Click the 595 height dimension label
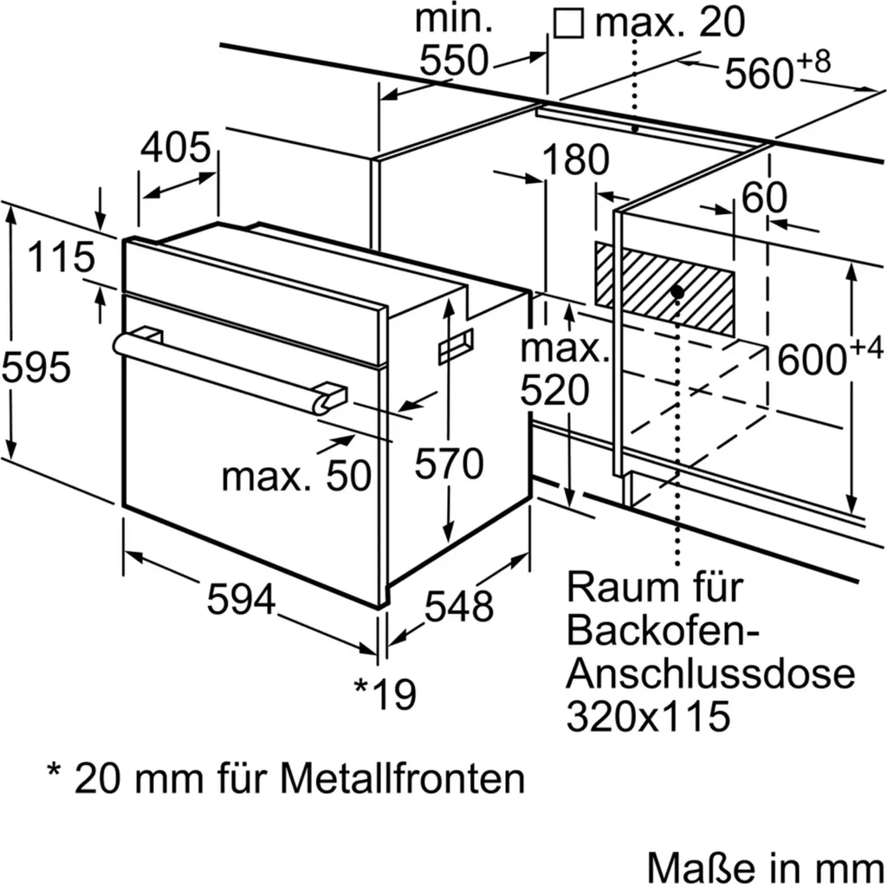(x=36, y=369)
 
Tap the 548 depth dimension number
(x=458, y=606)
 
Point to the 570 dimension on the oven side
(x=448, y=465)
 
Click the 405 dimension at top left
(x=176, y=148)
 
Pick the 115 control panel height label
(x=60, y=257)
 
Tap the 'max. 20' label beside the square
(x=670, y=23)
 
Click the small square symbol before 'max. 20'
(x=568, y=23)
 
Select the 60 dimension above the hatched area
(x=764, y=198)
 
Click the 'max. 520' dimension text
(x=565, y=371)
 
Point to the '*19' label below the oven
(x=385, y=692)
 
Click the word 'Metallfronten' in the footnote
(x=402, y=778)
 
